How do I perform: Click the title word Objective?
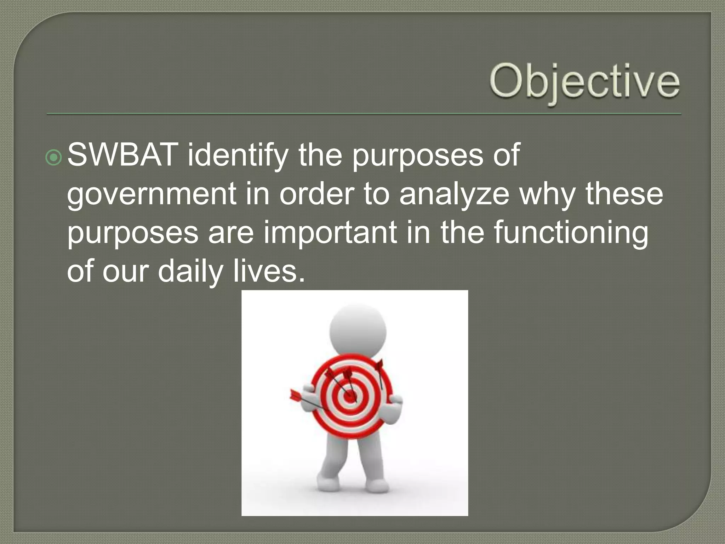(x=584, y=82)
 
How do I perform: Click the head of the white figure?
(x=358, y=331)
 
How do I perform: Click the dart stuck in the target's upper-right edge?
(x=379, y=368)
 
